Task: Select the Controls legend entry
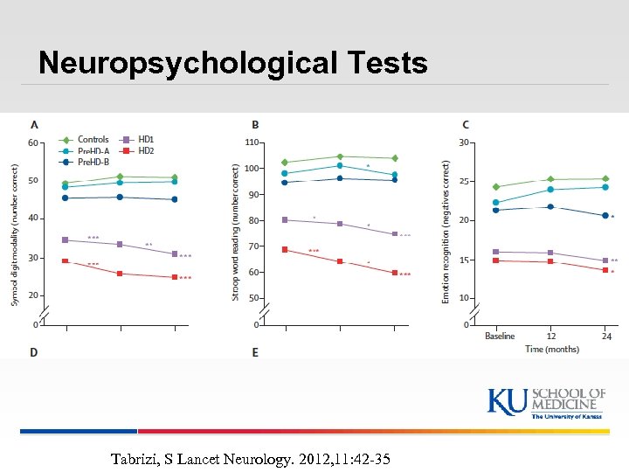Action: [x=93, y=139]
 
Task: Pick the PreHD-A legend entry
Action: [x=93, y=149]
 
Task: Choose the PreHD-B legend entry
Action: [x=93, y=161]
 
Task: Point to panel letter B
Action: [x=255, y=125]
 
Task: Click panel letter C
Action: [x=466, y=125]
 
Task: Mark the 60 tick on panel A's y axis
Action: [x=32, y=142]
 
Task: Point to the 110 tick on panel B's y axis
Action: [x=252, y=142]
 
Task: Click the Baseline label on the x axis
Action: [x=500, y=336]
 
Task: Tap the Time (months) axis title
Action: [x=552, y=349]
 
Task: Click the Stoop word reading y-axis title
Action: [x=235, y=234]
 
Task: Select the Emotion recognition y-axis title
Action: [x=446, y=232]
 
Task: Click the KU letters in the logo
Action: [x=508, y=400]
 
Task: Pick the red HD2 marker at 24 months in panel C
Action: [x=605, y=270]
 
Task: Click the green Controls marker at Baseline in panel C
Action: [x=496, y=187]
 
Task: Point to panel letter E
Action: [x=255, y=352]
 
